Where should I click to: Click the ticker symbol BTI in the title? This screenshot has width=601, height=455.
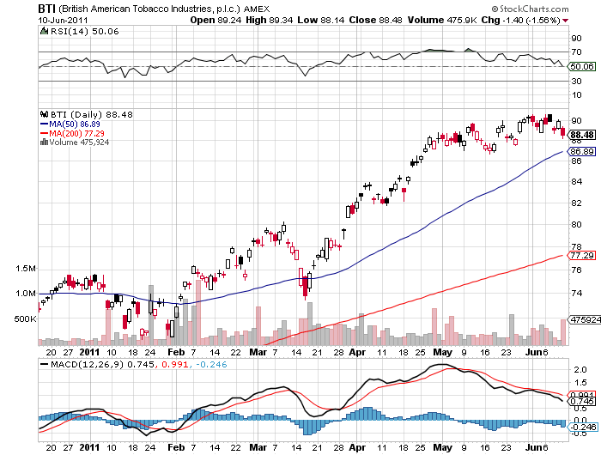[x=47, y=7]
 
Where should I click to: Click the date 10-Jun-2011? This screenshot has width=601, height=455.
[x=63, y=19]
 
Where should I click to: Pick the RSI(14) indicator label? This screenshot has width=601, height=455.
[x=64, y=33]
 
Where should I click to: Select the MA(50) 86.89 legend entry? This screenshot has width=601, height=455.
[x=76, y=124]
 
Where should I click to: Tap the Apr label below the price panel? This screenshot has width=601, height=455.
[x=356, y=351]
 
